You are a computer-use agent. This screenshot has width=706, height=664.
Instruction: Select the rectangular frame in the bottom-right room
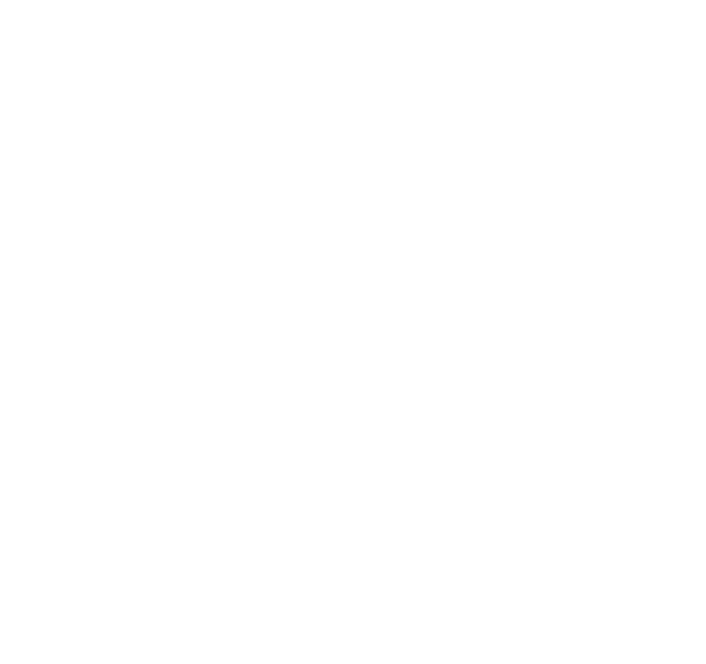click(x=420, y=459)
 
